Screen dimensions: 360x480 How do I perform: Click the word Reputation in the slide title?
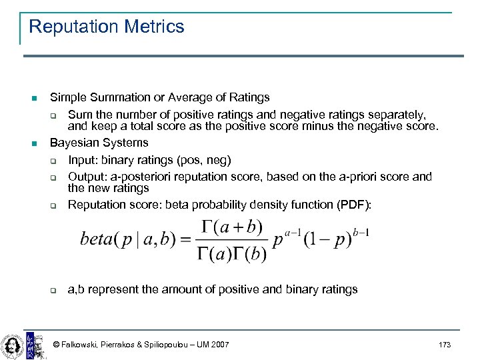coord(71,27)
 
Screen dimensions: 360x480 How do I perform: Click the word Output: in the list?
coord(87,177)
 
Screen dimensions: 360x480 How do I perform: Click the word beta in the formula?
coord(96,239)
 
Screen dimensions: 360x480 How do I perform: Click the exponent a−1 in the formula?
coord(294,232)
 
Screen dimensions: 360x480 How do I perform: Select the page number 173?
coord(445,345)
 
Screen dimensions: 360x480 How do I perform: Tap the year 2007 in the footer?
coord(217,345)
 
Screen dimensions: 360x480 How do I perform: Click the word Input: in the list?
coord(83,160)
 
